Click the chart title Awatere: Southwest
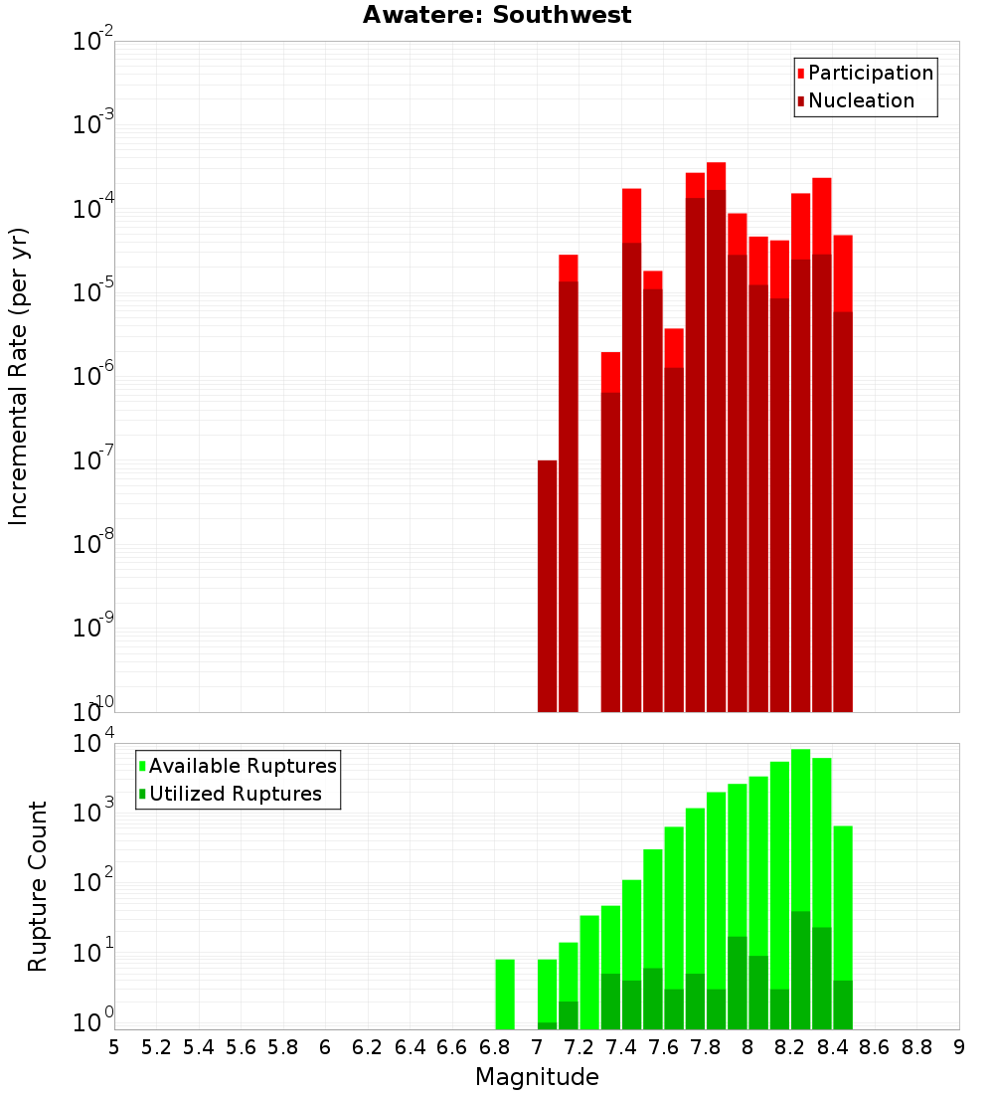pos(497,15)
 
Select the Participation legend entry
pos(870,73)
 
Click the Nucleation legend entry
pos(861,100)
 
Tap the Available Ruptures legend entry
pos(243,766)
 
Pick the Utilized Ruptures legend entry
pos(235,794)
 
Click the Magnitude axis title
pos(537,1077)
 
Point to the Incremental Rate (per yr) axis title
pos(19,376)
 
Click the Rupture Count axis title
pos(38,886)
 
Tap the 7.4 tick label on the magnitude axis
pos(621,1047)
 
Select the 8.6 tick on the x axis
pos(875,1047)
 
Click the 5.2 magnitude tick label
pos(156,1047)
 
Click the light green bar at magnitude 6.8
pos(505,995)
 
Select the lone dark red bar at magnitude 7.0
pos(547,587)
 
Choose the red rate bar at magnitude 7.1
pos(569,487)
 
